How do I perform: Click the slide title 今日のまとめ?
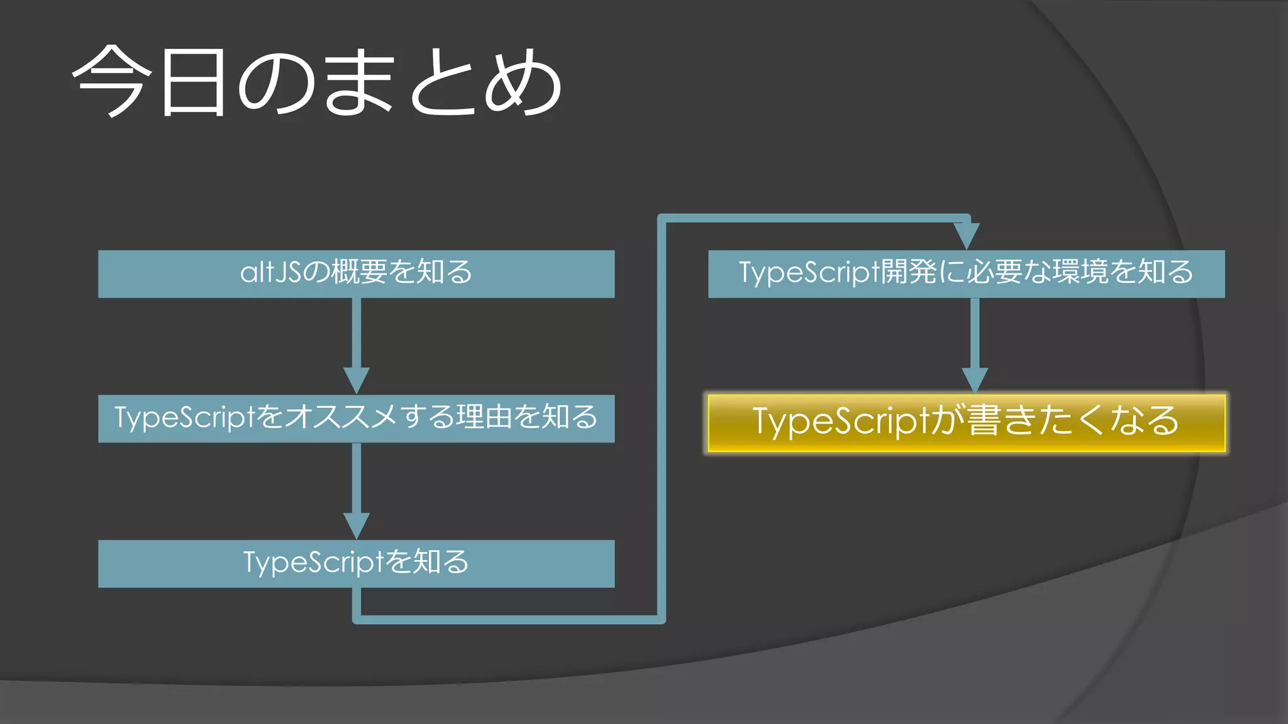(x=318, y=82)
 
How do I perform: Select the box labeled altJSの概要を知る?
(x=356, y=274)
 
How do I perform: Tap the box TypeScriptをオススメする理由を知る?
(x=356, y=419)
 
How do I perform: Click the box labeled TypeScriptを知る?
(x=356, y=564)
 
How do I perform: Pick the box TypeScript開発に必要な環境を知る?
(x=966, y=274)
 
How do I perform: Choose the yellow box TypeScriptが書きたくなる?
(x=966, y=422)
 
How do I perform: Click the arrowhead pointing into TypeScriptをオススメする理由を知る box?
(x=356, y=381)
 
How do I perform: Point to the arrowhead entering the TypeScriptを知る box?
(x=356, y=525)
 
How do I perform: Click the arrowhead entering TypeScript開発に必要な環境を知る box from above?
(x=966, y=236)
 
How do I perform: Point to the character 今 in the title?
(x=112, y=82)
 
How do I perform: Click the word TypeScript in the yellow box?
(x=841, y=422)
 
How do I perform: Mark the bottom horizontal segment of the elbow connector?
(x=509, y=620)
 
